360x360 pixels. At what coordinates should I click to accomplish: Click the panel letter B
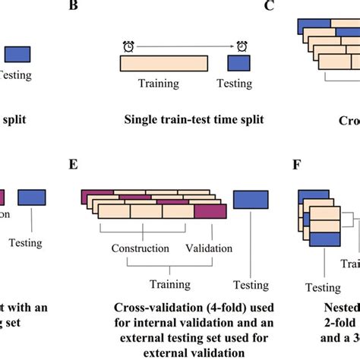point(94,7)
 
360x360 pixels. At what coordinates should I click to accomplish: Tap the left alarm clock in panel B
point(127,46)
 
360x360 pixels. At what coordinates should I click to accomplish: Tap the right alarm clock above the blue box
point(242,46)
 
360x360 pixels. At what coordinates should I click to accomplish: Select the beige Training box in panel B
point(165,62)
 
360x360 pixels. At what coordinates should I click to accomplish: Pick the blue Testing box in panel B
point(242,62)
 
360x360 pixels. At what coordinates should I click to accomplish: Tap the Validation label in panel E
point(205,248)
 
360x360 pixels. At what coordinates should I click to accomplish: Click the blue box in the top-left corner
point(17,54)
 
